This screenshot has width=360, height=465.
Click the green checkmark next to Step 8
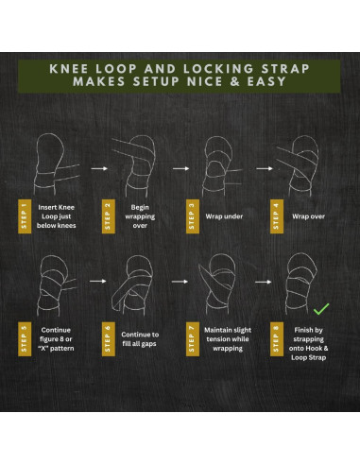[x=321, y=308]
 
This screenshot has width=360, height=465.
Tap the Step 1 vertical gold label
[x=24, y=215]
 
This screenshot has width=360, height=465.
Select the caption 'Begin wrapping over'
[x=139, y=215]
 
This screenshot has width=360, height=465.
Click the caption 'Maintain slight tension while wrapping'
[x=225, y=341]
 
